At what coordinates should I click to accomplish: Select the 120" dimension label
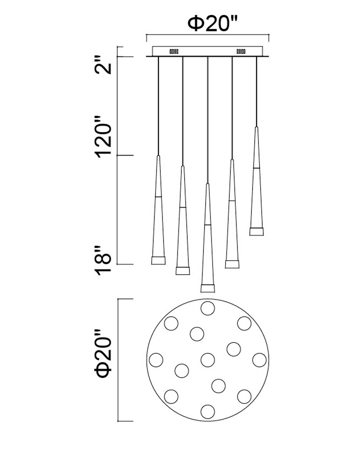pyautogui.click(x=103, y=137)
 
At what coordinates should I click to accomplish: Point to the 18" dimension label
pyautogui.click(x=103, y=261)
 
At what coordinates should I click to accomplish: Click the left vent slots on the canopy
pyautogui.click(x=174, y=52)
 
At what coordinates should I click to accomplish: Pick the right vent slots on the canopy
pyautogui.click(x=241, y=52)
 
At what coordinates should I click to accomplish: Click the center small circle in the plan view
pyautogui.click(x=208, y=360)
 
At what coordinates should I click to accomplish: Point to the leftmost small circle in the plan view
pyautogui.click(x=156, y=360)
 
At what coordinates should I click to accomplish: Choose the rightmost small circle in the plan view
pyautogui.click(x=259, y=360)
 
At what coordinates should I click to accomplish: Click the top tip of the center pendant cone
pyautogui.click(x=208, y=184)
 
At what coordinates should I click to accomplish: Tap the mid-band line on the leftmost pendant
pyautogui.click(x=158, y=197)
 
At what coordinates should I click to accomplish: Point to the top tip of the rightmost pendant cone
pyautogui.click(x=256, y=127)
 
